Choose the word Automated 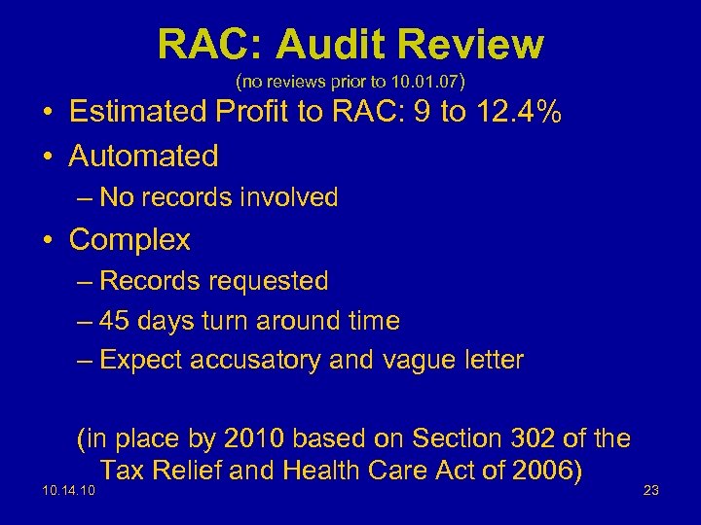click(144, 156)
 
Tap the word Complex click(129, 239)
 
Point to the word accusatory click(249, 360)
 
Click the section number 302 click(537, 439)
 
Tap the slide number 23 click(650, 490)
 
